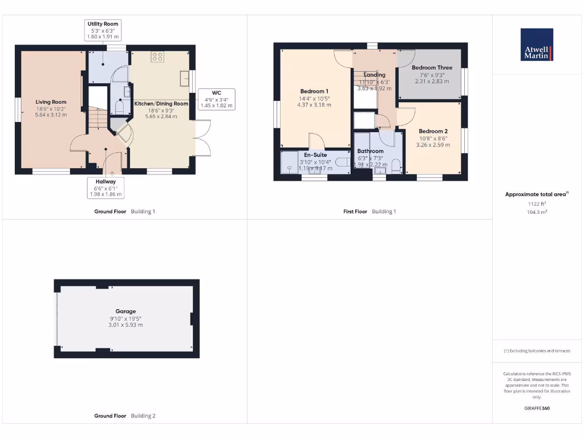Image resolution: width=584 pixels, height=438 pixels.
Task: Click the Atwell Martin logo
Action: click(x=537, y=44)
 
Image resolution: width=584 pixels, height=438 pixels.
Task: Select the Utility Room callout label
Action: click(x=103, y=24)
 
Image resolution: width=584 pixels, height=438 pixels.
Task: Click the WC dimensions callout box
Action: click(x=216, y=99)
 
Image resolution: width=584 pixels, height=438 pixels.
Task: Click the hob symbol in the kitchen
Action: click(x=157, y=56)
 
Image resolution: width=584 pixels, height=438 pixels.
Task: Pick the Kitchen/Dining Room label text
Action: click(x=161, y=104)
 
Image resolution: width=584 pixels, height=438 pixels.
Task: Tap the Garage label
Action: click(x=125, y=311)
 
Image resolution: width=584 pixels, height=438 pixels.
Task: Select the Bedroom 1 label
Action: click(x=314, y=91)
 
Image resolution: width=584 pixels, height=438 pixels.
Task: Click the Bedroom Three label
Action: click(x=432, y=68)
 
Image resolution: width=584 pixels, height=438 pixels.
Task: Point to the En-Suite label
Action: click(x=315, y=155)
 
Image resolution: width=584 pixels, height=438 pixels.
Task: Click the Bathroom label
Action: click(x=370, y=151)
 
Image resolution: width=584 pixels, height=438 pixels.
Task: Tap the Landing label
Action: click(x=374, y=75)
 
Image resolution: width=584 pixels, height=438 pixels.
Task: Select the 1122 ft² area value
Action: click(x=537, y=204)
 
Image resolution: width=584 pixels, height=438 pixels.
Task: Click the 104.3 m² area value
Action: click(x=537, y=212)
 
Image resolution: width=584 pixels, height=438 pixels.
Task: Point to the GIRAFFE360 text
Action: click(x=537, y=408)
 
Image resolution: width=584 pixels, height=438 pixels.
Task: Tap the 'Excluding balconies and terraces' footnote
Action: click(x=537, y=351)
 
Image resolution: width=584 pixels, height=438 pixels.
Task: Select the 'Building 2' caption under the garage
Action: click(x=143, y=416)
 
